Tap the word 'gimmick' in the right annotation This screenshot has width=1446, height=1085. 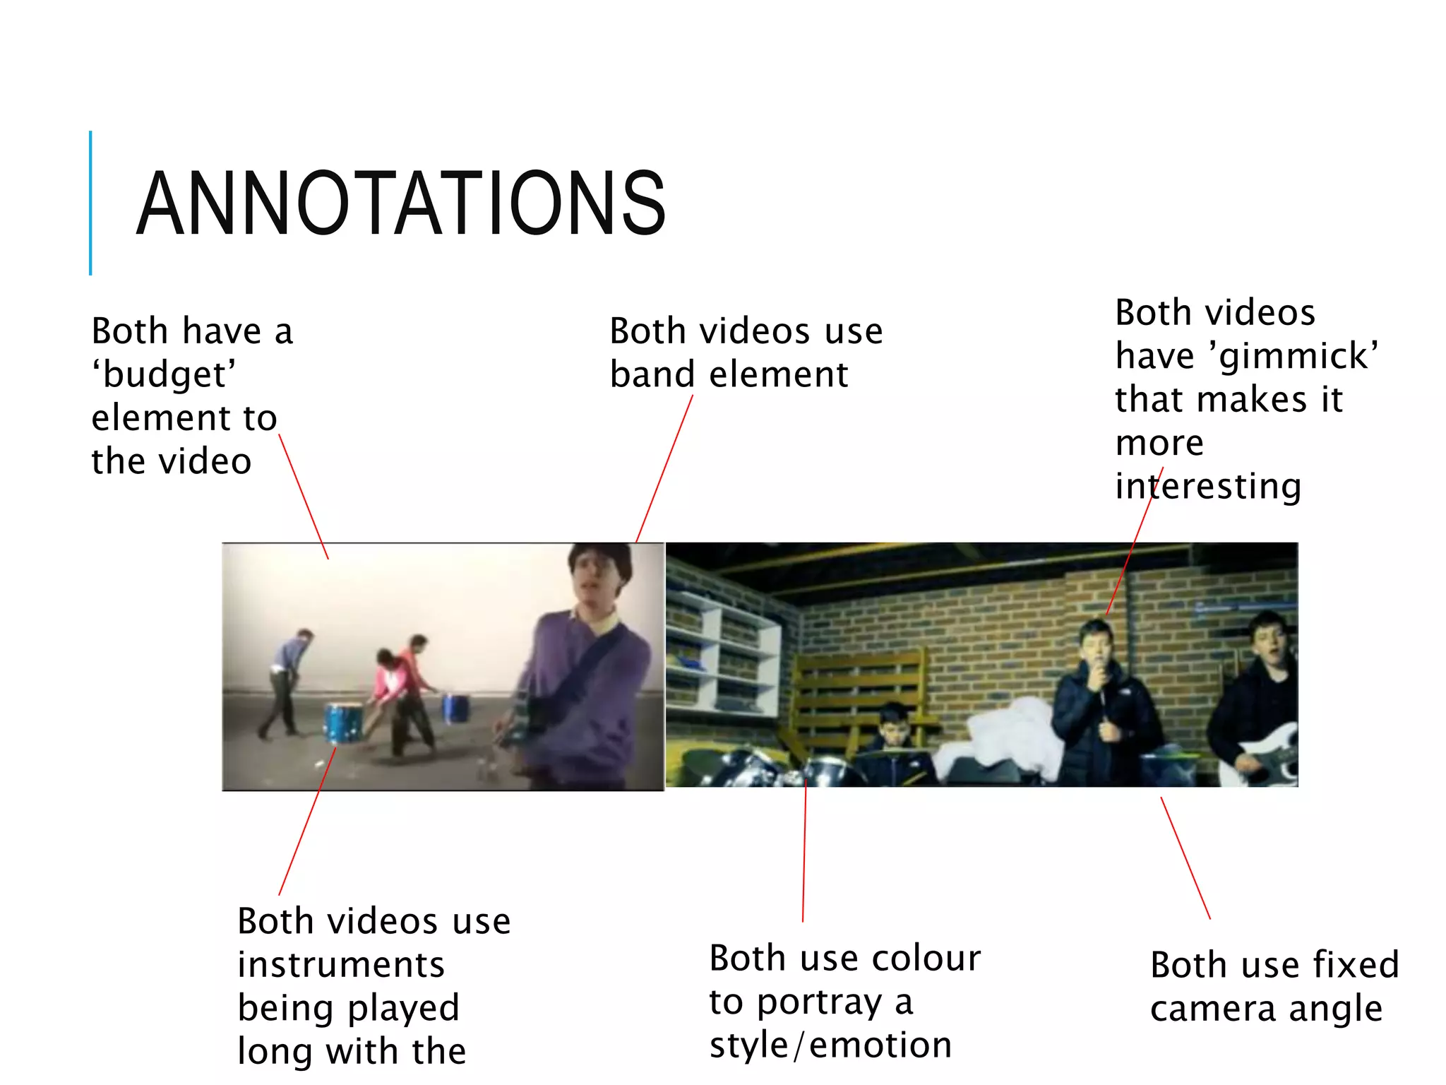coord(1298,356)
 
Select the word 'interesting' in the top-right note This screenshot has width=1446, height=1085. coord(1208,487)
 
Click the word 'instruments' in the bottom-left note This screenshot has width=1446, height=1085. coord(341,965)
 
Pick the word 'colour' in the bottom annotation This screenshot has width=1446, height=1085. coord(926,959)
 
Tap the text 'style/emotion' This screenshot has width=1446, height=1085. coord(830,1045)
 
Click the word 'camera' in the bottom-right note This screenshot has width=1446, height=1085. coord(1214,1009)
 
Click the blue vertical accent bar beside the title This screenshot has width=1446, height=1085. coord(90,203)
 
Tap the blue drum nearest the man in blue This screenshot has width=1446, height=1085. coord(344,722)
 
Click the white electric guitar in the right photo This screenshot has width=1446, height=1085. coord(1267,756)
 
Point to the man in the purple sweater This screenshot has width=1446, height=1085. coord(586,664)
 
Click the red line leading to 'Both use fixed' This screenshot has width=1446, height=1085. coord(1185,858)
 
